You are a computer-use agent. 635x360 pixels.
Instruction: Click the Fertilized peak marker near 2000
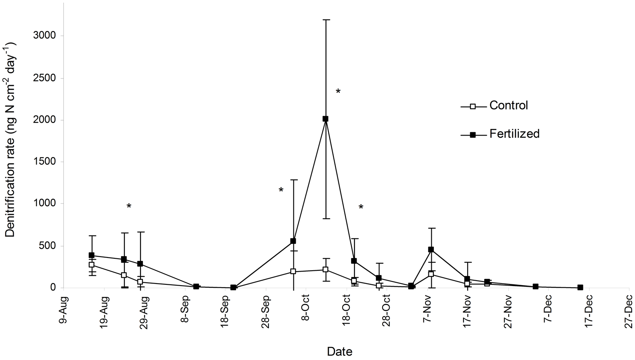pyautogui.click(x=325, y=119)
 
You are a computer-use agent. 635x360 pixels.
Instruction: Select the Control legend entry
pyautogui.click(x=508, y=105)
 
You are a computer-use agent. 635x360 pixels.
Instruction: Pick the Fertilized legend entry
pyautogui.click(x=514, y=134)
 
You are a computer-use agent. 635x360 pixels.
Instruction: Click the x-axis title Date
pyautogui.click(x=340, y=352)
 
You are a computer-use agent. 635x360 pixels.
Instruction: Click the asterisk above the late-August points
pyautogui.click(x=128, y=206)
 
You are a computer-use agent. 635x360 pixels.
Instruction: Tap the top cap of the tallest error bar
pyautogui.click(x=326, y=19)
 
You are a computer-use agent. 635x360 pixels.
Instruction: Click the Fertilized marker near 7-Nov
pyautogui.click(x=431, y=249)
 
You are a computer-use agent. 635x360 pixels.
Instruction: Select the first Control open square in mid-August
pyautogui.click(x=91, y=265)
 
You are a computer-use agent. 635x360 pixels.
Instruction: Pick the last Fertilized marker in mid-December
pyautogui.click(x=580, y=287)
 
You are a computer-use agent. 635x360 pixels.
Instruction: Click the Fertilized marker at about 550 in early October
pyautogui.click(x=293, y=241)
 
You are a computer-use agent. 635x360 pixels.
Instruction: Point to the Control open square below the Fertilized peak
pyautogui.click(x=326, y=269)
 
